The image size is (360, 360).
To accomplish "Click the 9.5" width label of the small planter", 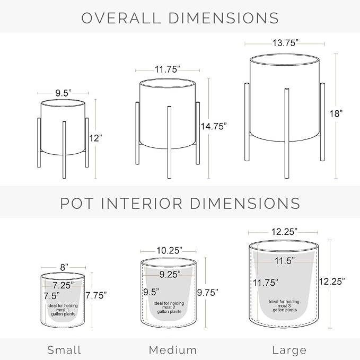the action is coord(64,93).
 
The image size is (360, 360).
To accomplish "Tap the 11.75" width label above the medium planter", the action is coord(167,69).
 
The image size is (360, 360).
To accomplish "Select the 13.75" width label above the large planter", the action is coord(285,43).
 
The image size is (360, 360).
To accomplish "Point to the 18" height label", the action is coord(336,113).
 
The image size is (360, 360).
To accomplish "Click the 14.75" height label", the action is coord(214,126).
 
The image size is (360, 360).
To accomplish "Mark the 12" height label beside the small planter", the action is coord(95,138).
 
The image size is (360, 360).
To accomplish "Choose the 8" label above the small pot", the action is coord(64,267).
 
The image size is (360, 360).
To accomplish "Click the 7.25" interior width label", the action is coord(63,285).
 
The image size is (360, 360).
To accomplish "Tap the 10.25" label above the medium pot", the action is coord(169,250).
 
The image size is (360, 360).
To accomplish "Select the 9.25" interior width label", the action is coord(170,274).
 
